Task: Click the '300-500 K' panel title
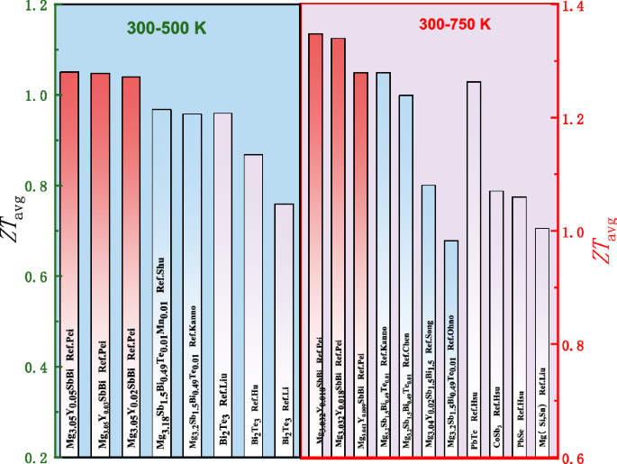166,28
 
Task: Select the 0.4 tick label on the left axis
32,368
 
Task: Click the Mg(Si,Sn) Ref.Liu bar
541,342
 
